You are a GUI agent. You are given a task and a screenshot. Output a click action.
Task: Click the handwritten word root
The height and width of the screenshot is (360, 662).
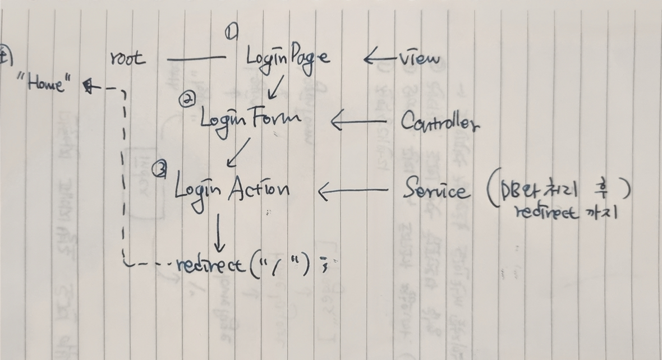coord(128,58)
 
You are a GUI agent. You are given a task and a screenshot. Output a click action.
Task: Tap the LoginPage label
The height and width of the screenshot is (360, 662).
coord(287,57)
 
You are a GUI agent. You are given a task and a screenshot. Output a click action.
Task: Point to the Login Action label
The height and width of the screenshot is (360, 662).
coord(232,189)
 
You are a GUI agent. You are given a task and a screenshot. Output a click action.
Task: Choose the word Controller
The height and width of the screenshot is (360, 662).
coord(440,122)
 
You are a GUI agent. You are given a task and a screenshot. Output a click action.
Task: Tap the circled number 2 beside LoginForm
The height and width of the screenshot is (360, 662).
coord(188,100)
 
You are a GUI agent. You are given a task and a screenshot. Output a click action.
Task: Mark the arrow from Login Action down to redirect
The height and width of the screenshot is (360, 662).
coord(219,233)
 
